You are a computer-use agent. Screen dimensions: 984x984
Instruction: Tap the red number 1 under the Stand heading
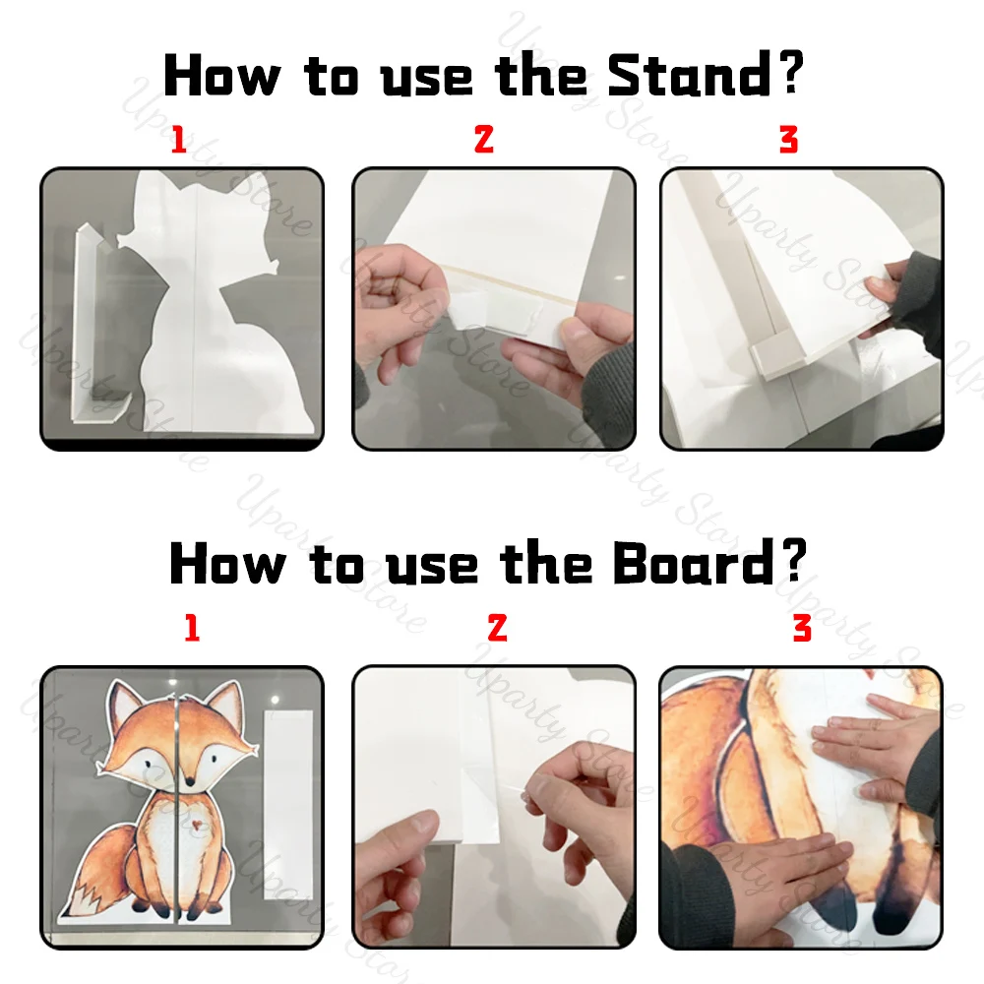coord(178,141)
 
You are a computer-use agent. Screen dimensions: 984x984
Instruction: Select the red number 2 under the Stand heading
coord(483,141)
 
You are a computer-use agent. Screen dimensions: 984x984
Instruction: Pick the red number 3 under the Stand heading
coord(788,141)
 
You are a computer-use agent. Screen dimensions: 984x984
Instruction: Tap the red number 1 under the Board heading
coord(192,629)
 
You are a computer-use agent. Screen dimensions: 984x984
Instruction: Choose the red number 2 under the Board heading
coord(497,629)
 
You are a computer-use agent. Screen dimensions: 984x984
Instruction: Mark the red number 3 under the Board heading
coord(802,629)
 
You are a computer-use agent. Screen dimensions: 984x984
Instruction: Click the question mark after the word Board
coord(793,564)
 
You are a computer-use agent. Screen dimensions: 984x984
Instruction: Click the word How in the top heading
coord(218,75)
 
